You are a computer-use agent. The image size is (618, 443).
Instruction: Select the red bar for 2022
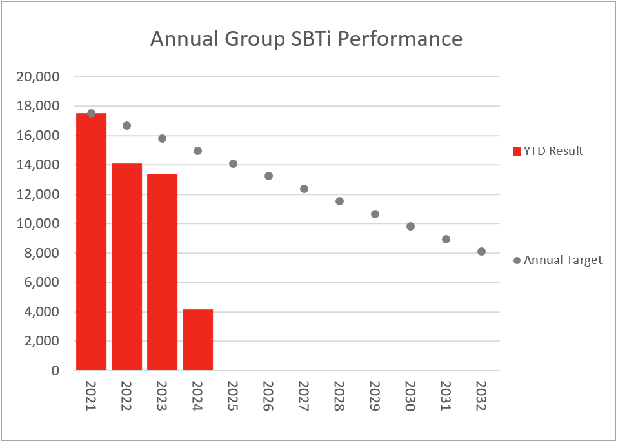point(126,267)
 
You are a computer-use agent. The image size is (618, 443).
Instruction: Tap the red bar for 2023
point(162,273)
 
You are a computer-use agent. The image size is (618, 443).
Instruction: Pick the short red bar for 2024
point(197,340)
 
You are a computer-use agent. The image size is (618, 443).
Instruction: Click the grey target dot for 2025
point(233,164)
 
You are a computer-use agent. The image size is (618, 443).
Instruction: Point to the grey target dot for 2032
point(481,252)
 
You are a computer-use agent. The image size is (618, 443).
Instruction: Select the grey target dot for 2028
point(339,201)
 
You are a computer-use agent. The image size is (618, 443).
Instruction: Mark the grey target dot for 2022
point(126,125)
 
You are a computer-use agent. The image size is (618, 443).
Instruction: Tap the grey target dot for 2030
point(410,227)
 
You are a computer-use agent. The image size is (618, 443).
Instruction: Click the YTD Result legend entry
point(548,151)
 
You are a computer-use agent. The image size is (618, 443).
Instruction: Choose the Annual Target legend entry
point(558,260)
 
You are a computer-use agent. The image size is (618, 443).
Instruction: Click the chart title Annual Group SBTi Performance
point(306,39)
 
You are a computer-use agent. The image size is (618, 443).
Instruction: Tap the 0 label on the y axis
point(55,371)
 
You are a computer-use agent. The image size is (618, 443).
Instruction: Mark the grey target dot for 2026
point(268,176)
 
